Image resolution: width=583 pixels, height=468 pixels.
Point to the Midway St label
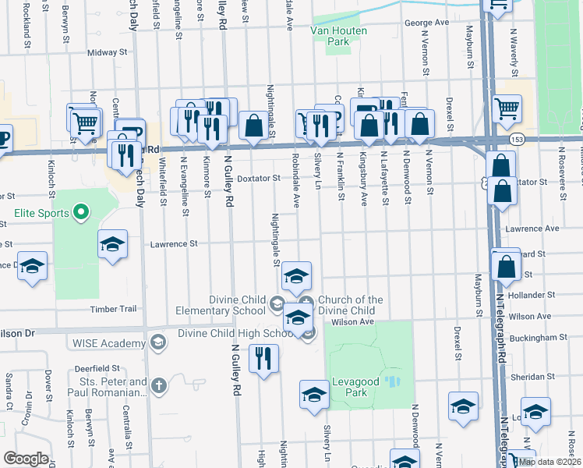coord(107,53)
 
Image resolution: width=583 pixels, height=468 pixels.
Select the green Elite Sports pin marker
coord(79,211)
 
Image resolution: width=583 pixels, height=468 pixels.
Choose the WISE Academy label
coord(110,342)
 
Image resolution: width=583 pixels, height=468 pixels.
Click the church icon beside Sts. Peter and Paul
coord(159,385)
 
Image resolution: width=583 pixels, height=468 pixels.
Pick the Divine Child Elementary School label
coord(238,305)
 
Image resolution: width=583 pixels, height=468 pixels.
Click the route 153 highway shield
coord(517,139)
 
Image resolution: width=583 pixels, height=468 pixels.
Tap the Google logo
coord(26,459)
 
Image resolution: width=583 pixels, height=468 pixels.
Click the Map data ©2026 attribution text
coord(549,462)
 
